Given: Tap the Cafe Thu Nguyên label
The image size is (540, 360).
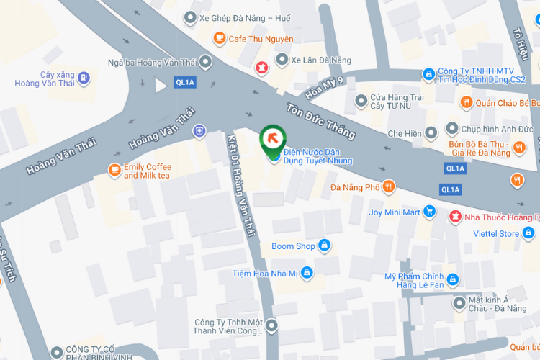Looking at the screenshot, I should (x=261, y=39).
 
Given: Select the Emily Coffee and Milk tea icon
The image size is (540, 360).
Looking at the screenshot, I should (x=114, y=170).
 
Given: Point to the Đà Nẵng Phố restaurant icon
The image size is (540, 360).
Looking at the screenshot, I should (x=389, y=187).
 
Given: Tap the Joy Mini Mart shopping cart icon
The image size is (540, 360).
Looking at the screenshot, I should (x=430, y=212).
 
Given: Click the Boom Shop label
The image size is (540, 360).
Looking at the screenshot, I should (x=293, y=246).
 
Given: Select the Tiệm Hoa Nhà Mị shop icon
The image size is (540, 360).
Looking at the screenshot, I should (x=307, y=273).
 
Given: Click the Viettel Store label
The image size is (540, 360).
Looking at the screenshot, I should (x=496, y=233).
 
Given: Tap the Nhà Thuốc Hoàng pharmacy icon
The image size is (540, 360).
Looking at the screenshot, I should (x=455, y=217).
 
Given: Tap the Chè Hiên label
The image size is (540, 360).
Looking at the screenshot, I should (x=404, y=132).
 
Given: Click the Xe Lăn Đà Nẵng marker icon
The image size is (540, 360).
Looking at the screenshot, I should (x=283, y=59).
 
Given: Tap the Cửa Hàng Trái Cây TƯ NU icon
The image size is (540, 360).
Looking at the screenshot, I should (x=361, y=101).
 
